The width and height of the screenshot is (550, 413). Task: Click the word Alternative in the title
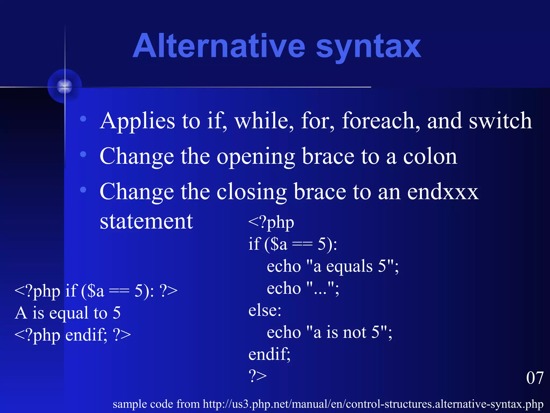219,46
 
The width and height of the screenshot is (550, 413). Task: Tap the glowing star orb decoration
65,86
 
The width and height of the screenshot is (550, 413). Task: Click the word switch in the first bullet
500,121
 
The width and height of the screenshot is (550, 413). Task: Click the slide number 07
534,378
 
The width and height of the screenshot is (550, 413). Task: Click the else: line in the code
265,311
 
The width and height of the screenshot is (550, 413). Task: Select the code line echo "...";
303,289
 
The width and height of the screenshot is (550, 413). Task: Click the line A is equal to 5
68,313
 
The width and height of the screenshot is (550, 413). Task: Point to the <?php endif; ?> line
73,335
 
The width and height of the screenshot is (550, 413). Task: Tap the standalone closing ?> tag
257,376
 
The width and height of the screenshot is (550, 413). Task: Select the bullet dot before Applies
83,119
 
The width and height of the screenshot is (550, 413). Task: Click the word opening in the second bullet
255,156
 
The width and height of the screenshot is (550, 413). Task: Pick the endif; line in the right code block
269,354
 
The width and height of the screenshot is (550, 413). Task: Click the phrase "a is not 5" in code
349,333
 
